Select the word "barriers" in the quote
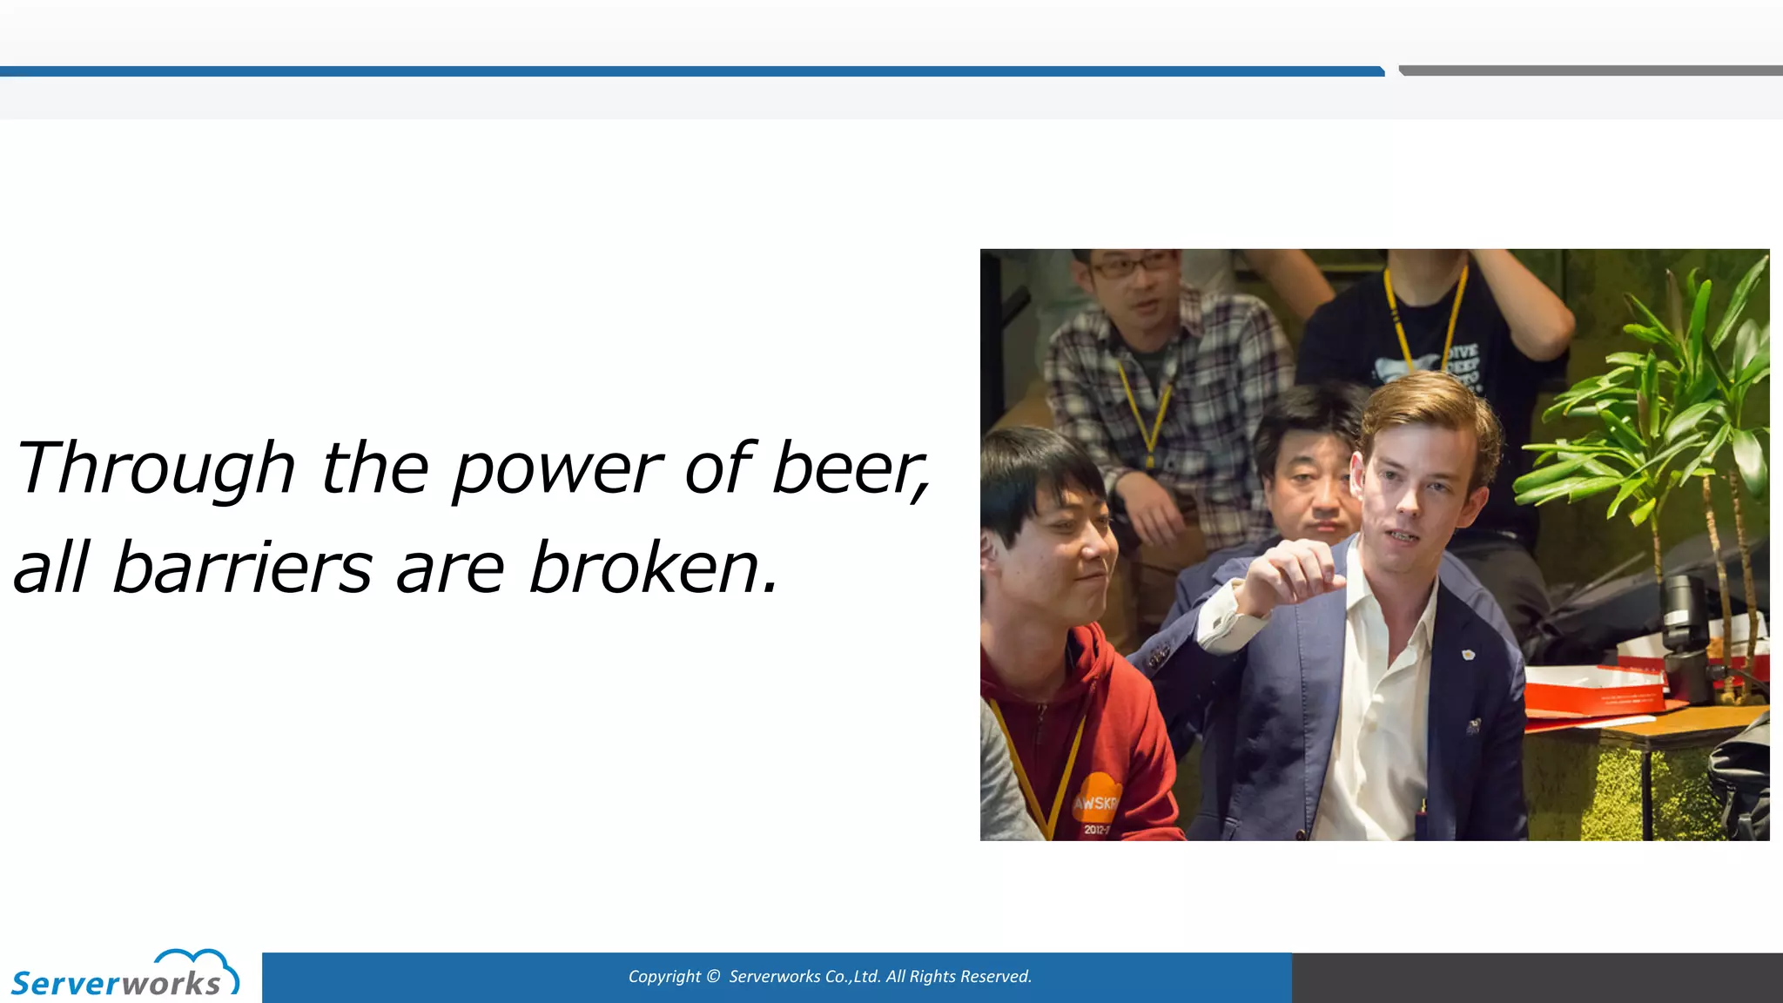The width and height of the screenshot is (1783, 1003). click(x=242, y=568)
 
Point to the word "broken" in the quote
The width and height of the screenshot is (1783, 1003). click(x=644, y=568)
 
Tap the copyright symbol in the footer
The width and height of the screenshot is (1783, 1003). click(x=714, y=977)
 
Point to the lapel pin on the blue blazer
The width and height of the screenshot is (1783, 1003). click(x=1468, y=653)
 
